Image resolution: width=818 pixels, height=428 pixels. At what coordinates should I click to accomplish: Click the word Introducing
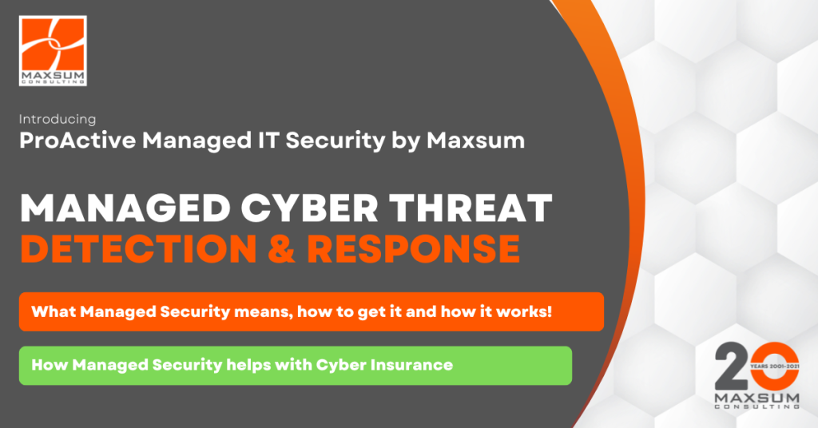[58, 119]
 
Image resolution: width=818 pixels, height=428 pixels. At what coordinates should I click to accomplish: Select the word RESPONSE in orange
[414, 249]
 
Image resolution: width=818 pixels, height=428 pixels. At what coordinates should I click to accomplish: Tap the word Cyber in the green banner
[338, 365]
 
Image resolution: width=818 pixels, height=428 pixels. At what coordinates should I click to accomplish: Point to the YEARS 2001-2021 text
[772, 366]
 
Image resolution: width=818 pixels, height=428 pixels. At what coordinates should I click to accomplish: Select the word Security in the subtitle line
[301, 141]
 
